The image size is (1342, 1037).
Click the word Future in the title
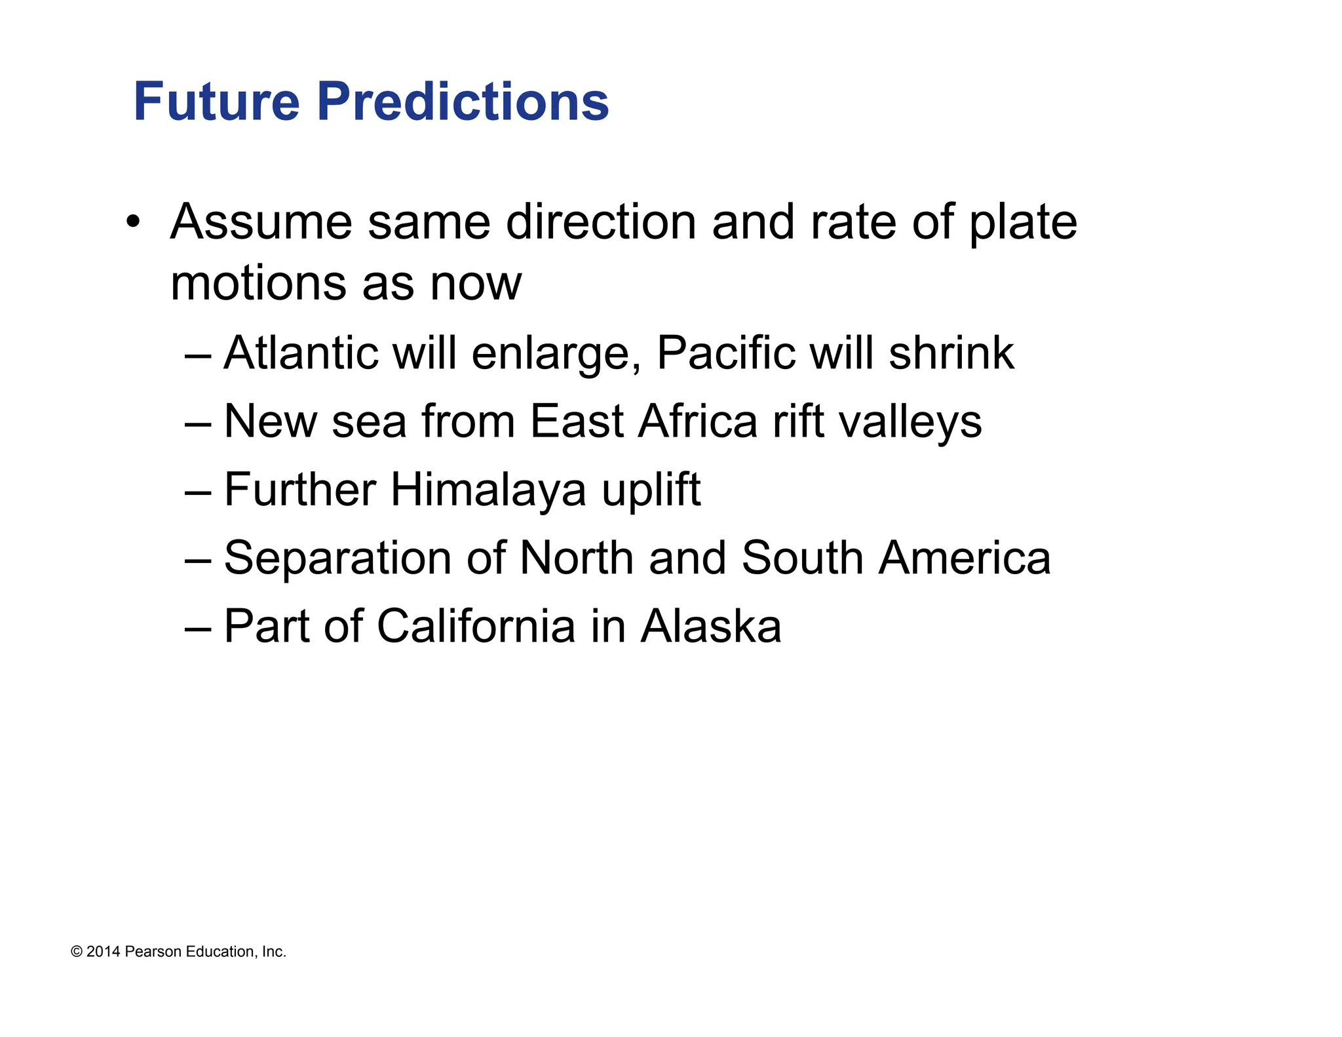coord(216,102)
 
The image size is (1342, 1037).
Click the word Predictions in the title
coord(463,102)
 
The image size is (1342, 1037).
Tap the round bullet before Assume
coord(134,222)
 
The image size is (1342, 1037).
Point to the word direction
coord(601,223)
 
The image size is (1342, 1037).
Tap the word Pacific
coord(725,353)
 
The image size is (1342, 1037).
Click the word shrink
coord(951,353)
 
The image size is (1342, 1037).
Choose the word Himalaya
coord(488,490)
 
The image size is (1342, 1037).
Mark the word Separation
coord(337,558)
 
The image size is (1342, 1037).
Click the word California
coord(476,627)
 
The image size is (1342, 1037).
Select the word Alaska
coord(711,627)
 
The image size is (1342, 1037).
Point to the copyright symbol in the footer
coord(77,952)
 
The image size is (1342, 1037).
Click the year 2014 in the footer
coord(103,952)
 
